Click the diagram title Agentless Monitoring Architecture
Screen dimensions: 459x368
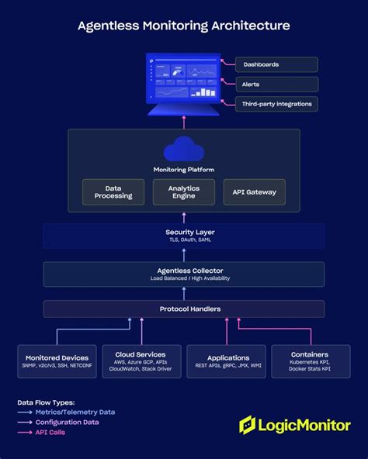183,26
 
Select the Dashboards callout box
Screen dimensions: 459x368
276,64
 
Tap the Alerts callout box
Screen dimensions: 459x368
276,85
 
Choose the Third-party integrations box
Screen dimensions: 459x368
276,104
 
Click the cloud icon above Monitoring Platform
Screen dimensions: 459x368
183,148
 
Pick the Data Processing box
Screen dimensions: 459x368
113,192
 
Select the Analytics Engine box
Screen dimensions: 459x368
183,192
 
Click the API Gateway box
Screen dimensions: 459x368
253,192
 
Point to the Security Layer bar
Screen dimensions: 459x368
183,236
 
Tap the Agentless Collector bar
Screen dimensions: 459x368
183,274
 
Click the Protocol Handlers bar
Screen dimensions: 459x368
183,309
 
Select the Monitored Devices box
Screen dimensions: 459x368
57,361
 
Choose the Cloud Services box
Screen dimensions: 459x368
141,361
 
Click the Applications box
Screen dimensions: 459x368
226,361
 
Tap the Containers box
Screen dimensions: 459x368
311,361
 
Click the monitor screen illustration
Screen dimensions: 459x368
183,81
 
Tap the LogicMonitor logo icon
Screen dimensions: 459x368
248,425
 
